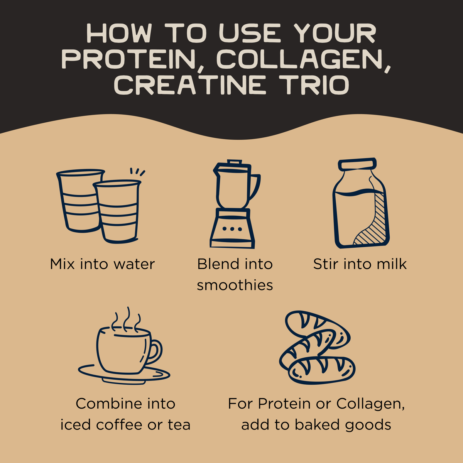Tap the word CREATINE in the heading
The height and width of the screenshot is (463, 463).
tap(190, 85)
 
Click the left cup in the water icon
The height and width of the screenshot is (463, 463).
tap(77, 201)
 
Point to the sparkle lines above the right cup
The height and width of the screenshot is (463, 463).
tap(137, 172)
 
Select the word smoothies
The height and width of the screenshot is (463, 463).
tap(235, 285)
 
